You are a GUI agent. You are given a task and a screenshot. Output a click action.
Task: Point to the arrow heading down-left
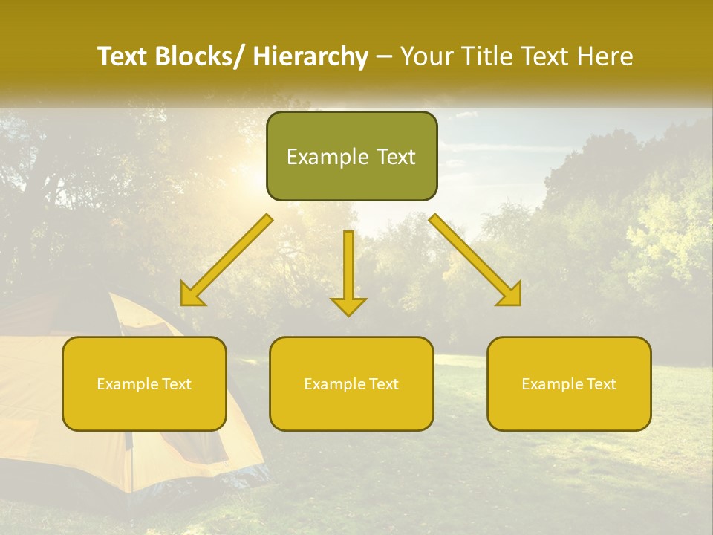click(x=227, y=260)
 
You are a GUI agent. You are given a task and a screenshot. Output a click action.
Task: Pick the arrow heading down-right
click(x=475, y=260)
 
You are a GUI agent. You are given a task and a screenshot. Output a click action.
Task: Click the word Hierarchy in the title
click(x=310, y=56)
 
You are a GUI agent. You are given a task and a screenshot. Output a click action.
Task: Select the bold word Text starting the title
click(x=123, y=56)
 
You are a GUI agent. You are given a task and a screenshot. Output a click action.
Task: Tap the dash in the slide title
click(x=384, y=57)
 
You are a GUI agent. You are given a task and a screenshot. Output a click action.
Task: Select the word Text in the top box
click(x=395, y=157)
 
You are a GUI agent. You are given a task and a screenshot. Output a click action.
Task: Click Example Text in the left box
click(x=144, y=384)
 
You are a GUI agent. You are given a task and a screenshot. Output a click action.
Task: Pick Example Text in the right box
click(x=569, y=384)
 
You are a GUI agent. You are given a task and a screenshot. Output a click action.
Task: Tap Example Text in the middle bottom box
click(x=351, y=384)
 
